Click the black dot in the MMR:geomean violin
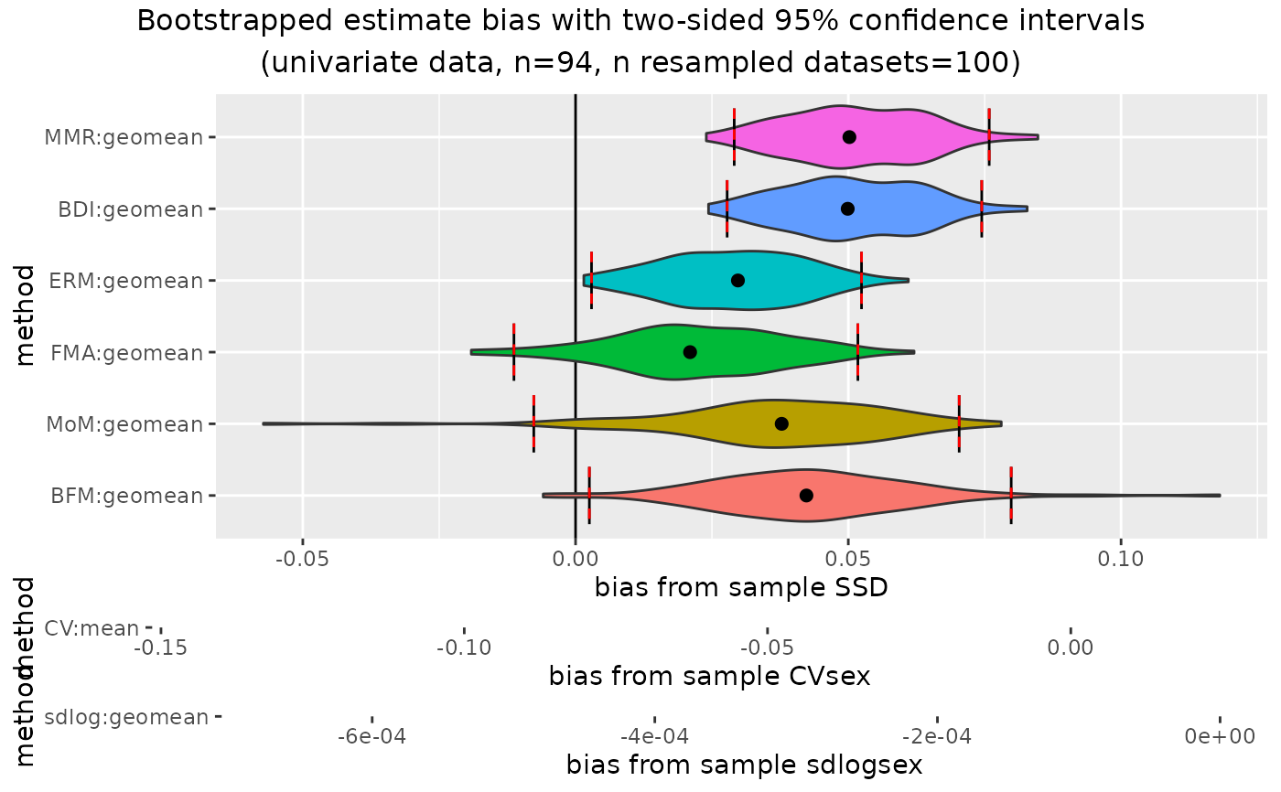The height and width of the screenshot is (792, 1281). tap(849, 137)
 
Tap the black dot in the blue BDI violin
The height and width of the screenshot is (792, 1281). tap(847, 209)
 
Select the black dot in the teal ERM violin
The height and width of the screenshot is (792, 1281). tap(737, 280)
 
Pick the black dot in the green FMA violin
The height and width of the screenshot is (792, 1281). tap(690, 352)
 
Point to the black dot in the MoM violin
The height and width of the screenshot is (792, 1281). tap(781, 423)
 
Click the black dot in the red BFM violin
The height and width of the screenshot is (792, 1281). tap(806, 495)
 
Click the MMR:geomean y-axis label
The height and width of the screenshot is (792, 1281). tap(124, 137)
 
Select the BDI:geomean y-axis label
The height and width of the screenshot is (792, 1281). tap(130, 209)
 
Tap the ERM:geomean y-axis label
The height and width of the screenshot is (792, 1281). tap(126, 281)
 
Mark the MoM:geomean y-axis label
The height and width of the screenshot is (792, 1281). tap(124, 424)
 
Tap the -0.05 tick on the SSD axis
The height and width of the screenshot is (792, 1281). tap(302, 557)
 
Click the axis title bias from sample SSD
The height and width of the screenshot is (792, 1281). tap(741, 587)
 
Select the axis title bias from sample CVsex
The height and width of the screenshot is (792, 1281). tap(709, 677)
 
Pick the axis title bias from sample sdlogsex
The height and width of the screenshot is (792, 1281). tap(744, 765)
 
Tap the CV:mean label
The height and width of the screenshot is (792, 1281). tap(91, 628)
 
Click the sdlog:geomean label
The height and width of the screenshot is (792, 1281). tap(126, 717)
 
